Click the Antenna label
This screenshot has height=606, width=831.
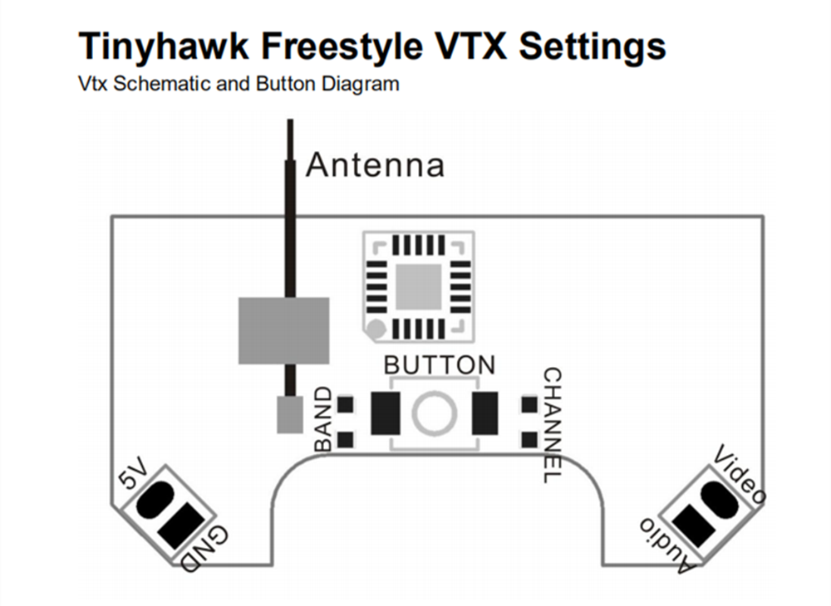pos(375,165)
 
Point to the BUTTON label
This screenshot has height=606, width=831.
pos(439,364)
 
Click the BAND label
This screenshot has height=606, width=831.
pos(323,420)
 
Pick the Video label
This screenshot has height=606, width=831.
pos(740,476)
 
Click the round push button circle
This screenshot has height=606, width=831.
pos(435,413)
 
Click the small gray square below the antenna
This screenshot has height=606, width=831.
pos(288,413)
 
